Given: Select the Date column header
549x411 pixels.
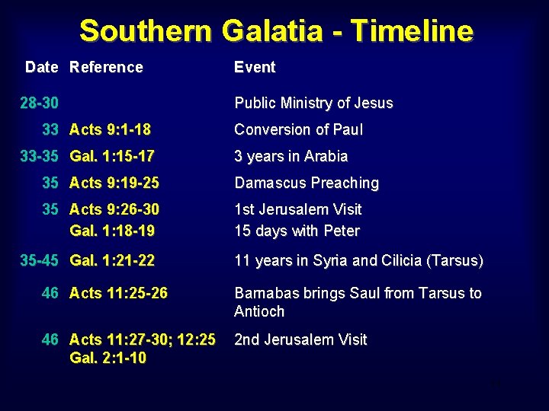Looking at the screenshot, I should point(41,67).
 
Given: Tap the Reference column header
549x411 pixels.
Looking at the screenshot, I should point(106,67).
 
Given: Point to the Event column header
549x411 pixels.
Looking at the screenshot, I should point(255,67).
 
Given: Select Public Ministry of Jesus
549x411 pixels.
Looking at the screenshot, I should point(313,103).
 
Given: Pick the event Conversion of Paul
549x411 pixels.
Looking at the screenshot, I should point(298,129).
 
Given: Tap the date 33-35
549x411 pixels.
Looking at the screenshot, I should point(39,156).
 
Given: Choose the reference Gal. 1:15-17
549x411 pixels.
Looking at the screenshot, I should point(111,156).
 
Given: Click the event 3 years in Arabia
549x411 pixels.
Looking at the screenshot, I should point(291,156).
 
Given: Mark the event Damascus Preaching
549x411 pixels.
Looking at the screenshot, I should point(307,183).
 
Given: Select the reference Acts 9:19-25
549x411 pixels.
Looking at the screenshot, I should point(114,183).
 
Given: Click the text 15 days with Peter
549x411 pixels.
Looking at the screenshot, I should point(297,230).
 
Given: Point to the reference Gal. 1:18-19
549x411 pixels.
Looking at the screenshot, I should point(111,230).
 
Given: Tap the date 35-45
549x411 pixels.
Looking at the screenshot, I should point(39,260).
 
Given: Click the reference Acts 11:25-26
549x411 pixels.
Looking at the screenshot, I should point(118,292).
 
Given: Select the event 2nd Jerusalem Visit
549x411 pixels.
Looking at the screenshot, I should point(300,339).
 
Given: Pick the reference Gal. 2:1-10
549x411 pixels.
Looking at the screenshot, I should point(108,358).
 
